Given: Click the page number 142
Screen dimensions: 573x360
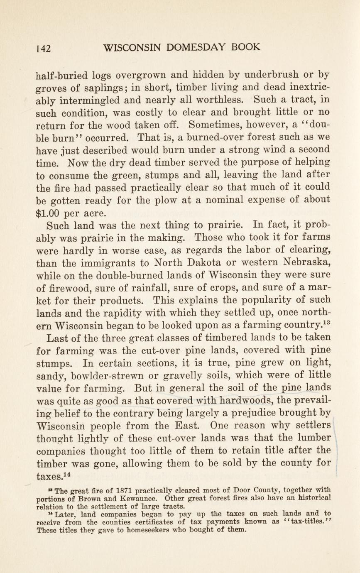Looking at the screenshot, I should [44, 48].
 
